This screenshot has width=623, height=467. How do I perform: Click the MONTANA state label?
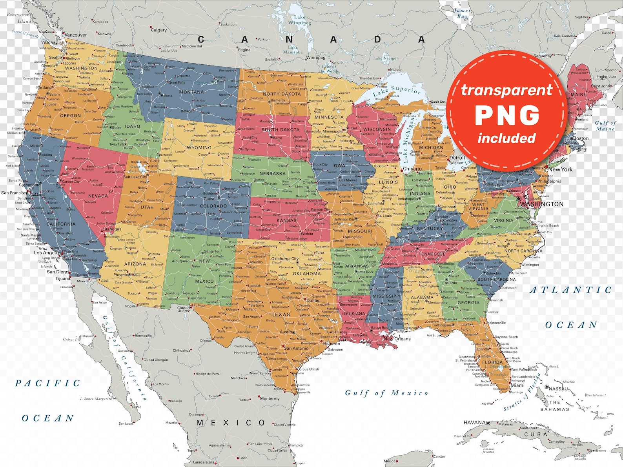click(191, 92)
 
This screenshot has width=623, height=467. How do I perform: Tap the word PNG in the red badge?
click(507, 115)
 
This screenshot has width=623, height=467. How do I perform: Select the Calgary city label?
click(158, 30)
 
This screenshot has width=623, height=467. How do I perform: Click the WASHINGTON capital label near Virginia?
click(542, 204)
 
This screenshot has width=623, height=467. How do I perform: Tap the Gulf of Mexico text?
click(386, 393)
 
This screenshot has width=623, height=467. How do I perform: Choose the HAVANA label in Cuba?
click(475, 422)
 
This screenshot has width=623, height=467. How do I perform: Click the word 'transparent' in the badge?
click(507, 90)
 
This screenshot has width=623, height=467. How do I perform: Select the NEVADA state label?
click(98, 196)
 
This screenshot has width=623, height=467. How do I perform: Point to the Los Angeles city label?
click(47, 253)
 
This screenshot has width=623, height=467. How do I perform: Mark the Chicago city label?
click(412, 169)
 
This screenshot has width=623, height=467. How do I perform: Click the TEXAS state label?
click(281, 314)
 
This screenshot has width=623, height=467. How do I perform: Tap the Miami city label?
click(517, 385)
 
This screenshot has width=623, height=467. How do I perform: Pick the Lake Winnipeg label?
click(300, 20)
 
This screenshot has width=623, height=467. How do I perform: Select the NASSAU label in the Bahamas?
click(558, 389)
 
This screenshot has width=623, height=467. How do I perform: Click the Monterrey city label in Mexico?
click(270, 398)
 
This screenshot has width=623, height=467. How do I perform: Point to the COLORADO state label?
click(213, 206)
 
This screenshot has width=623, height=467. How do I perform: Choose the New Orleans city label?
click(397, 339)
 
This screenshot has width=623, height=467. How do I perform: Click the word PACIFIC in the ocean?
click(47, 383)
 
